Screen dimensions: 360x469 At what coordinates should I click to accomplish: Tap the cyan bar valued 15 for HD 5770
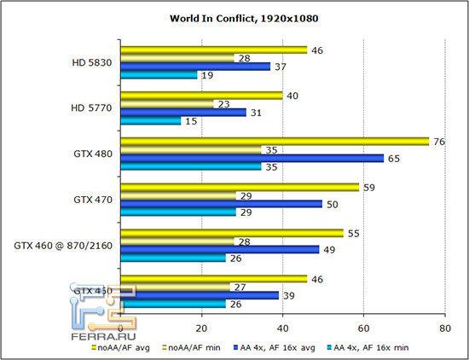point(152,121)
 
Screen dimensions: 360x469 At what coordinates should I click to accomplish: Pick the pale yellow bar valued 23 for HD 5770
point(168,103)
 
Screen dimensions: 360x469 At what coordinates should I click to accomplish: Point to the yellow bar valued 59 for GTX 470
point(240,186)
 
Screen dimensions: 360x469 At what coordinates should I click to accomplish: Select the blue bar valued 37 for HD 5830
point(196,67)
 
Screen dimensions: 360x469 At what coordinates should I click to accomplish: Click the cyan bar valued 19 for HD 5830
point(159,76)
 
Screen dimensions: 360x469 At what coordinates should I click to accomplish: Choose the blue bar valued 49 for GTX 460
point(220,249)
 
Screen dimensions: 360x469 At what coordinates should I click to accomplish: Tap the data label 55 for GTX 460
point(354,232)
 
